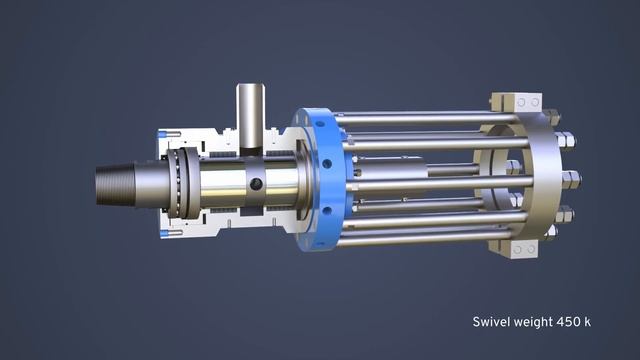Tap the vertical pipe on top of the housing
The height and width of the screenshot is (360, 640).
pyautogui.click(x=251, y=116)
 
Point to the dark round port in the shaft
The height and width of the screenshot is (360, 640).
pyautogui.click(x=256, y=184)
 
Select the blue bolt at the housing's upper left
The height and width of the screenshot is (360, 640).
pyautogui.click(x=169, y=134)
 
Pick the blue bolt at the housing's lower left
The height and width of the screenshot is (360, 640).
pyautogui.click(x=170, y=234)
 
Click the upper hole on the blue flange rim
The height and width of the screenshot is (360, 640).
pyautogui.click(x=327, y=164)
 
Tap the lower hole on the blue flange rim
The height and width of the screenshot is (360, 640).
pyautogui.click(x=327, y=211)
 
